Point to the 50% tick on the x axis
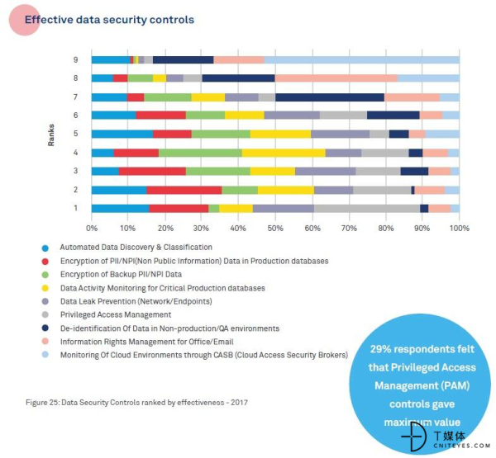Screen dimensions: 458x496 click(x=275, y=228)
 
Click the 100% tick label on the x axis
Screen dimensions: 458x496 click(x=459, y=228)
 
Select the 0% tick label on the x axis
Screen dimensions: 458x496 click(x=92, y=228)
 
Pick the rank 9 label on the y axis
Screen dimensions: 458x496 click(x=75, y=59)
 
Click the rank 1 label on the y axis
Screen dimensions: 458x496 click(x=75, y=209)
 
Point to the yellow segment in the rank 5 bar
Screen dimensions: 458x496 click(x=280, y=134)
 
